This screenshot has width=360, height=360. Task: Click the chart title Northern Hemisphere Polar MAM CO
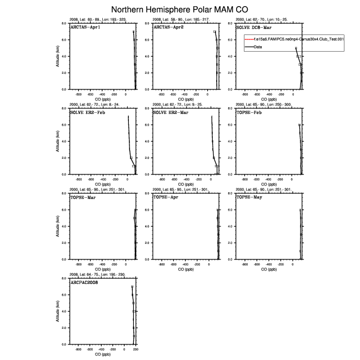pos(180,10)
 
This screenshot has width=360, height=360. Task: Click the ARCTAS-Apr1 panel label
pos(85,27)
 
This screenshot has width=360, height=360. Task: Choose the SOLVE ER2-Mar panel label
pos(171,112)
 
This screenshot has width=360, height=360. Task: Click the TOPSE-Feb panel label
pos(249,112)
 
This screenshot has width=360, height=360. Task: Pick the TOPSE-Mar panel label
pos(83,197)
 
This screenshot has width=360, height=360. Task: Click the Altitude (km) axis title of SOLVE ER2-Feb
pos(60,142)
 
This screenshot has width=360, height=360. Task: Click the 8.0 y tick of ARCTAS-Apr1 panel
pos(64,23)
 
